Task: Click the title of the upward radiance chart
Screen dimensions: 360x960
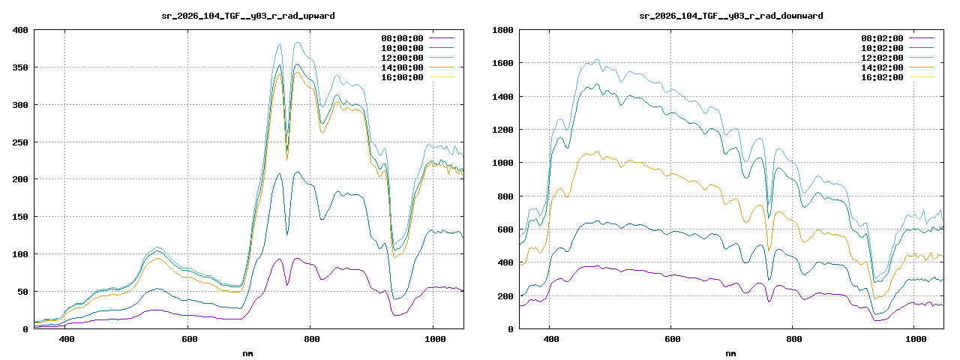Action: coord(248,15)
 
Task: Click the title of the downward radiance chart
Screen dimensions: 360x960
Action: coord(730,15)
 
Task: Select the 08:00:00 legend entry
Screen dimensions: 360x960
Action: coord(402,38)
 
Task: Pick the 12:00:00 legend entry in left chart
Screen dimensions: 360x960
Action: coord(402,58)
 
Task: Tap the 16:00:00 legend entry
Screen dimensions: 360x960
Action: coord(402,77)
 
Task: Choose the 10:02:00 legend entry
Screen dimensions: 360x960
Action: coord(882,48)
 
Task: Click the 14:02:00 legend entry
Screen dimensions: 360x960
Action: coord(882,67)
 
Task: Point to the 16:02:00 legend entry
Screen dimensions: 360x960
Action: coord(882,77)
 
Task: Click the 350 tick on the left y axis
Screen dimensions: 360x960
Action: coord(19,67)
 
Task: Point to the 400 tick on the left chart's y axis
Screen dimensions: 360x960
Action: coord(19,30)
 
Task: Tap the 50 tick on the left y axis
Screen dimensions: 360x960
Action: coord(22,292)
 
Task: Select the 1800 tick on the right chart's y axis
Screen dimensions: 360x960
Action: coord(502,30)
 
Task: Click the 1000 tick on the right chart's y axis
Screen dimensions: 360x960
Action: coord(502,163)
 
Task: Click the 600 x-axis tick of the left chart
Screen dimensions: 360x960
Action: coord(189,340)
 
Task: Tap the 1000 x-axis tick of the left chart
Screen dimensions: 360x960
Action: coord(433,340)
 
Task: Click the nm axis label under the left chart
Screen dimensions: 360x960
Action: coord(248,352)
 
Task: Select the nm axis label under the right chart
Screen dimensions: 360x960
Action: coord(730,352)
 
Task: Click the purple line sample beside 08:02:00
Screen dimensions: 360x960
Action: coord(921,38)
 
